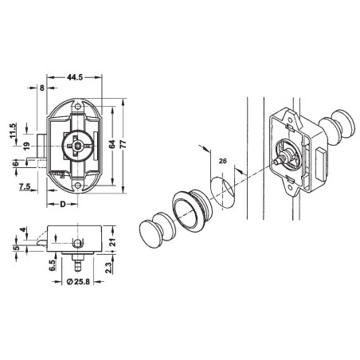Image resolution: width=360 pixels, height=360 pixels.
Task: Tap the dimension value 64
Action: coord(111,143)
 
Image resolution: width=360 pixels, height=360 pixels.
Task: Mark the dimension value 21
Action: coord(114,241)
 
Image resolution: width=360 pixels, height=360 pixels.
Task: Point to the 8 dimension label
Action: coord(41,89)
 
